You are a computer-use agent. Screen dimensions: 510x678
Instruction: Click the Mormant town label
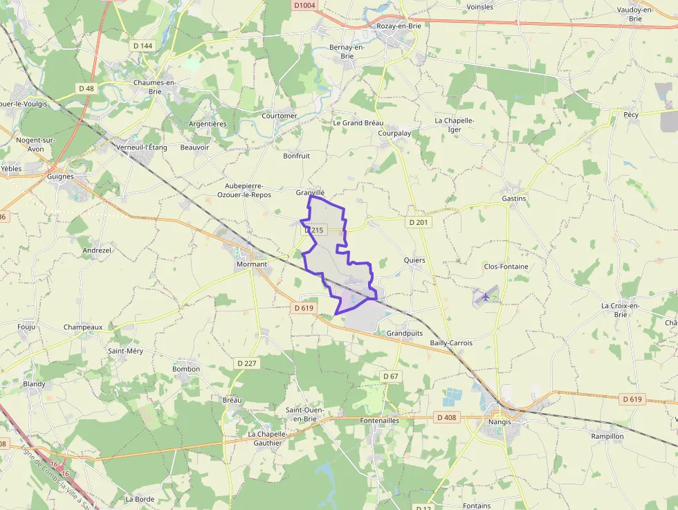pyautogui.click(x=251, y=264)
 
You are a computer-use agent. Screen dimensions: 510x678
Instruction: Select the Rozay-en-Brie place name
pyautogui.click(x=398, y=26)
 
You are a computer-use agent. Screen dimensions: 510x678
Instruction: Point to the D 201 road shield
pyautogui.click(x=419, y=222)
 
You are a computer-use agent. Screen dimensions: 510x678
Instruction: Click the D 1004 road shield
pyautogui.click(x=304, y=6)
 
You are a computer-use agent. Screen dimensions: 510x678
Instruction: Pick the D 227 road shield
pyautogui.click(x=246, y=363)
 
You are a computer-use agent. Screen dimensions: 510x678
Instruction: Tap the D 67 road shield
pyautogui.click(x=390, y=376)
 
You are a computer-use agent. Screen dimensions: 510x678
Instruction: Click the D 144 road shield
pyautogui.click(x=142, y=46)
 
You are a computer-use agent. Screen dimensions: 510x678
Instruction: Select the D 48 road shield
pyautogui.click(x=86, y=89)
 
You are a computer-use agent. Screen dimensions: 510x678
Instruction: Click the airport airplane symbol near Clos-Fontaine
pyautogui.click(x=486, y=296)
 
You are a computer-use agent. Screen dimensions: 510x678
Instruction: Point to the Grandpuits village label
pyautogui.click(x=405, y=333)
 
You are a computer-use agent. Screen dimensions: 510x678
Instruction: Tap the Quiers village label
pyautogui.click(x=414, y=260)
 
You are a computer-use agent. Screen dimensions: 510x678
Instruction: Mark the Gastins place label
pyautogui.click(x=513, y=199)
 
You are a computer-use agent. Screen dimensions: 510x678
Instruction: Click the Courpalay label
pyautogui.click(x=395, y=134)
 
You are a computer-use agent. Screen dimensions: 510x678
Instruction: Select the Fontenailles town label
pyautogui.click(x=380, y=420)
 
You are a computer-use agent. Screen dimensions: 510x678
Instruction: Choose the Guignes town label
pyautogui.click(x=61, y=176)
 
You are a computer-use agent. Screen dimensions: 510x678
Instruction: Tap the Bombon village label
pyautogui.click(x=186, y=369)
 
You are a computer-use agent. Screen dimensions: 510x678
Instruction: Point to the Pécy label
pyautogui.click(x=630, y=115)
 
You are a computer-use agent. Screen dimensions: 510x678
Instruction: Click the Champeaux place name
pyautogui.click(x=83, y=327)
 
